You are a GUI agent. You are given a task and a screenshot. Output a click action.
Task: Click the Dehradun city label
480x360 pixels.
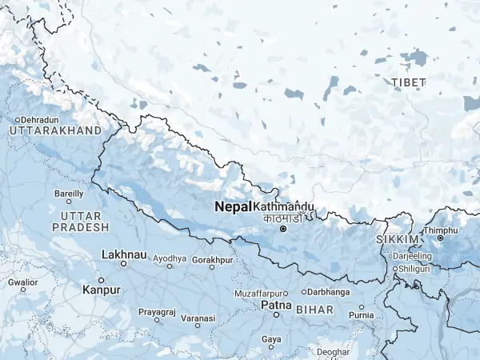(x=39, y=119)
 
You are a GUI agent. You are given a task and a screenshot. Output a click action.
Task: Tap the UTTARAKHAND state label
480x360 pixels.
(x=55, y=130)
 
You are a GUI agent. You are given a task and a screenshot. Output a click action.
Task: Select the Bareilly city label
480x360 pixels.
(x=69, y=194)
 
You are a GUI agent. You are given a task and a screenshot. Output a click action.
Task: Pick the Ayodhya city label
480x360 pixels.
(x=170, y=259)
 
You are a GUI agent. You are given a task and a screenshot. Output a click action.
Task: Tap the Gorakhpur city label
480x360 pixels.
(x=213, y=260)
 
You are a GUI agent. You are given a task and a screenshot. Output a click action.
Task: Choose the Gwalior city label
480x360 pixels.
(x=22, y=282)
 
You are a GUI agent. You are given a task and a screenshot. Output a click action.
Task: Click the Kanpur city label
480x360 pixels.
(x=102, y=290)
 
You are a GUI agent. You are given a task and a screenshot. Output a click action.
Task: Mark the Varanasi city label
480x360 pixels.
(x=198, y=318)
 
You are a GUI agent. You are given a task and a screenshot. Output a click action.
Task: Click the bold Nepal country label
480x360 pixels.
(x=233, y=206)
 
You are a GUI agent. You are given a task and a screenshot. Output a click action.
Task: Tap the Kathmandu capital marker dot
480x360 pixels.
(x=282, y=229)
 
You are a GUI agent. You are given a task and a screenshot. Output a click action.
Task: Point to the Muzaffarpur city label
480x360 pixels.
(x=260, y=294)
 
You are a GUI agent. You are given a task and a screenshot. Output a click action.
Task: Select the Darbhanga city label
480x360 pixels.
(x=329, y=292)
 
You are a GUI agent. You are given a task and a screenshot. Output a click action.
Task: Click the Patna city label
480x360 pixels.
(x=276, y=306)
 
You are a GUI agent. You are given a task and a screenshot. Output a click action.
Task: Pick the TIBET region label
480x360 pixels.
(x=409, y=82)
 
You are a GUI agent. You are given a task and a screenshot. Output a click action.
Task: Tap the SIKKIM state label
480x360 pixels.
(x=396, y=240)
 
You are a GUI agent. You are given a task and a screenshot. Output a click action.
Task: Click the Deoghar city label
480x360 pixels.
(x=333, y=352)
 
